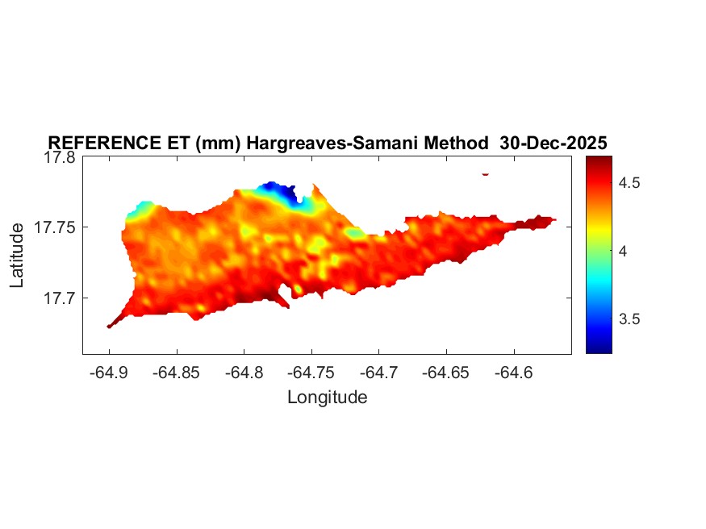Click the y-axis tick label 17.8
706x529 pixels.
pyautogui.click(x=58, y=158)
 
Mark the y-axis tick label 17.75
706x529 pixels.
pyautogui.click(x=54, y=228)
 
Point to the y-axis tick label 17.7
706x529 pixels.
pyautogui.click(x=58, y=298)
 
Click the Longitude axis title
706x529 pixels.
pyautogui.click(x=327, y=397)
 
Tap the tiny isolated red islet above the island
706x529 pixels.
pyautogui.click(x=485, y=173)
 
